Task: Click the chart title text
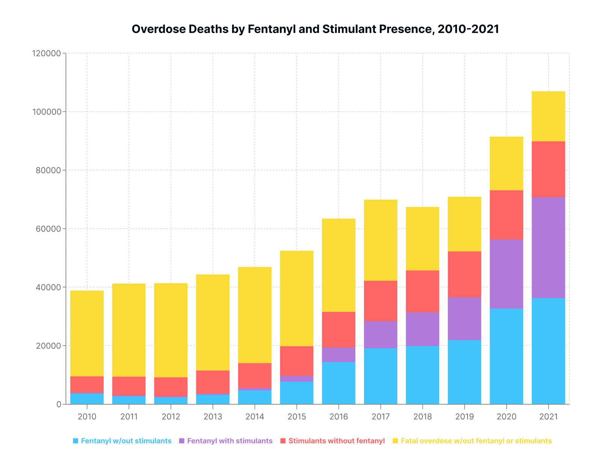click(x=315, y=29)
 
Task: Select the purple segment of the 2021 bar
click(x=548, y=248)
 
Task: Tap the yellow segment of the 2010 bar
click(x=87, y=333)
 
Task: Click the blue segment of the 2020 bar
click(x=506, y=356)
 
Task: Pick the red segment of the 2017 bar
click(x=380, y=301)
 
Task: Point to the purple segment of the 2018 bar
click(x=422, y=329)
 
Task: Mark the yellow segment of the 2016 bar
click(x=338, y=265)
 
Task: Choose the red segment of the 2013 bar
click(x=213, y=382)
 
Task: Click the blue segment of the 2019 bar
click(x=464, y=372)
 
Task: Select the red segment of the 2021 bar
click(x=548, y=169)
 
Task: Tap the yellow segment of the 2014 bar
click(x=255, y=315)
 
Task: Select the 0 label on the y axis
click(x=59, y=404)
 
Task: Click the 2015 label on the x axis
click(x=297, y=417)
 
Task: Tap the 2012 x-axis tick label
click(x=171, y=417)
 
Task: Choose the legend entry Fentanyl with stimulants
click(x=229, y=441)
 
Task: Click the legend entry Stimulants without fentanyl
click(x=336, y=441)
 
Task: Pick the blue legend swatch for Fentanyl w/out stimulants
click(x=76, y=441)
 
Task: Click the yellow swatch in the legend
click(x=395, y=441)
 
